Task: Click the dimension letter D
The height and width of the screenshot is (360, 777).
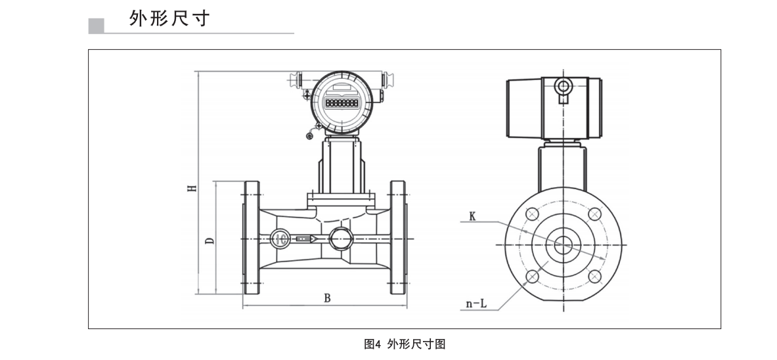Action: tap(210, 240)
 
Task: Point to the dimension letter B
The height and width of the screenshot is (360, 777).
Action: tap(327, 298)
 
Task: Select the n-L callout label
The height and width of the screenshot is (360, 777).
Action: tap(476, 303)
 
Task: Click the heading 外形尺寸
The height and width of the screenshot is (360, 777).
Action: tap(169, 18)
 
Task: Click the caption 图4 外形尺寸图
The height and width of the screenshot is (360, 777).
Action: tap(405, 344)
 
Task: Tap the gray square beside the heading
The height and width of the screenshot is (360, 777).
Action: tap(96, 26)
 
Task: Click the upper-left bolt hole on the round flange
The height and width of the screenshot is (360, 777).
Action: tap(532, 214)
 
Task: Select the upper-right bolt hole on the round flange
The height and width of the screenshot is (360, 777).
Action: tap(594, 214)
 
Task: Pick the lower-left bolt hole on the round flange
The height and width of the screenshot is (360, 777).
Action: tap(532, 276)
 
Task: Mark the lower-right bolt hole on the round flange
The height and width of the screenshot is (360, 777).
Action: tap(594, 276)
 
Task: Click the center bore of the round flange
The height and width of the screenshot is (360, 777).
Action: tap(564, 245)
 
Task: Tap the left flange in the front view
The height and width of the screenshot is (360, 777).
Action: tap(252, 238)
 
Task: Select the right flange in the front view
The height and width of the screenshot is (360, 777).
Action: tap(398, 238)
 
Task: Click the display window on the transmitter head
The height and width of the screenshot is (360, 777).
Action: tap(342, 104)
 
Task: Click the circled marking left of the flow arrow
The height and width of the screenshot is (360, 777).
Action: tap(280, 238)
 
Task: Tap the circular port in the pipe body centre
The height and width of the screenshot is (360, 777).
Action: tap(341, 238)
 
